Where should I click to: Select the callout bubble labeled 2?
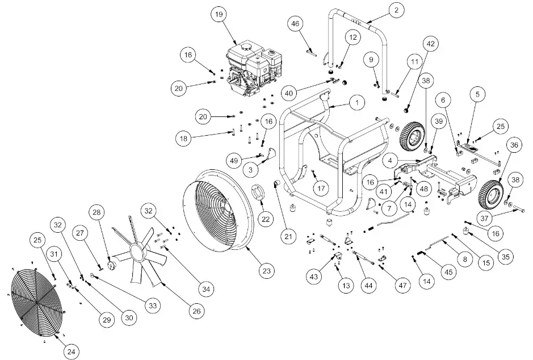pos(396,9)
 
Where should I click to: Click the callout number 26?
pos(195,311)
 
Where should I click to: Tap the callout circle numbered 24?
pos(70,352)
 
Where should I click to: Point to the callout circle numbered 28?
pos(96,212)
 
